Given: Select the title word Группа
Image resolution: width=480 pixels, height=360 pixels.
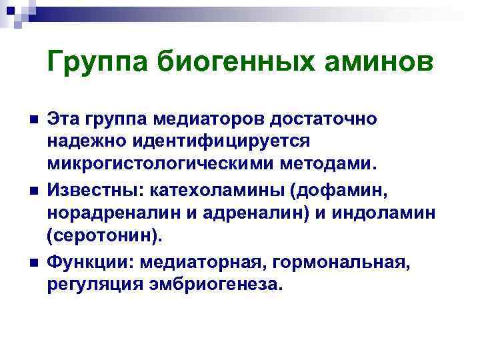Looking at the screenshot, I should [x=97, y=63].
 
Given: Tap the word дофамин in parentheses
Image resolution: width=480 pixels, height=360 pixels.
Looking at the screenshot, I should [x=343, y=191].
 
